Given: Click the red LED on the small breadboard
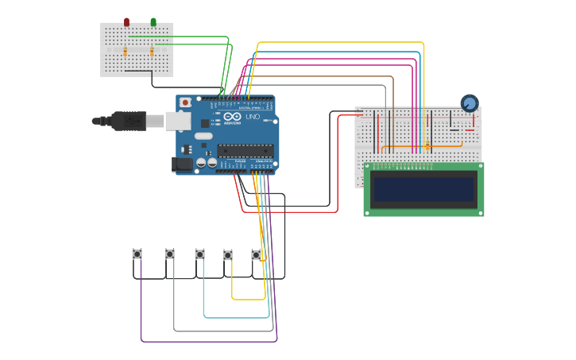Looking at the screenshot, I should tap(126, 22).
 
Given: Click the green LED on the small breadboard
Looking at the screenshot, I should tap(153, 22).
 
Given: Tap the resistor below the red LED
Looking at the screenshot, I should tap(126, 52).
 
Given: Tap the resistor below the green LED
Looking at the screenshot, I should tap(153, 52).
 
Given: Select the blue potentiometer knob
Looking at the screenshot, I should tap(470, 103).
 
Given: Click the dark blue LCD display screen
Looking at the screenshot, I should tap(424, 189).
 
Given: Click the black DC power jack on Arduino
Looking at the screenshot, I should tap(182, 165).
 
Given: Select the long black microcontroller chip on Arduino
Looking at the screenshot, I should tap(245, 149).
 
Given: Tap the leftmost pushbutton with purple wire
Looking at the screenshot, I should tap(137, 254).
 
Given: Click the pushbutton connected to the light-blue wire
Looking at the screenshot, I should tap(200, 254).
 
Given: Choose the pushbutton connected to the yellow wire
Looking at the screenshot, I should tap(228, 255).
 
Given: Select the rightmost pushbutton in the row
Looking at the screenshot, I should tap(257, 255).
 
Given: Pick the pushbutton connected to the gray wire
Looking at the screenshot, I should tap(169, 254).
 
